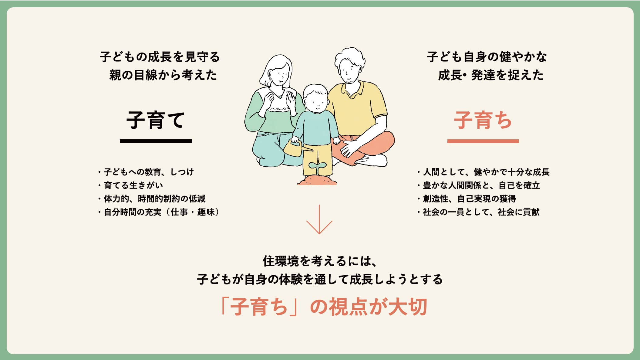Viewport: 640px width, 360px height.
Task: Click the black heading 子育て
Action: click(156, 120)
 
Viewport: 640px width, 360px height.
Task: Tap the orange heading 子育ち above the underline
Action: click(483, 120)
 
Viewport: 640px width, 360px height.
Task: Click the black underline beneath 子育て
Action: click(156, 141)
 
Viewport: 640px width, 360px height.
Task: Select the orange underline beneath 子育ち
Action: click(483, 141)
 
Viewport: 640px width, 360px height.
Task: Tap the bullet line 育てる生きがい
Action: click(131, 185)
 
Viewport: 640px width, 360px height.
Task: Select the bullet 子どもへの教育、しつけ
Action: click(146, 172)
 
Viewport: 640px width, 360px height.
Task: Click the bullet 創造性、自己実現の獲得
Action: click(467, 199)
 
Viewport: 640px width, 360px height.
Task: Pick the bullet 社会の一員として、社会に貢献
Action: click(478, 212)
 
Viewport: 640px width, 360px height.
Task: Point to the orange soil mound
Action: click(317, 181)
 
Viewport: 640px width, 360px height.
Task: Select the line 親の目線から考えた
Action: click(163, 75)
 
